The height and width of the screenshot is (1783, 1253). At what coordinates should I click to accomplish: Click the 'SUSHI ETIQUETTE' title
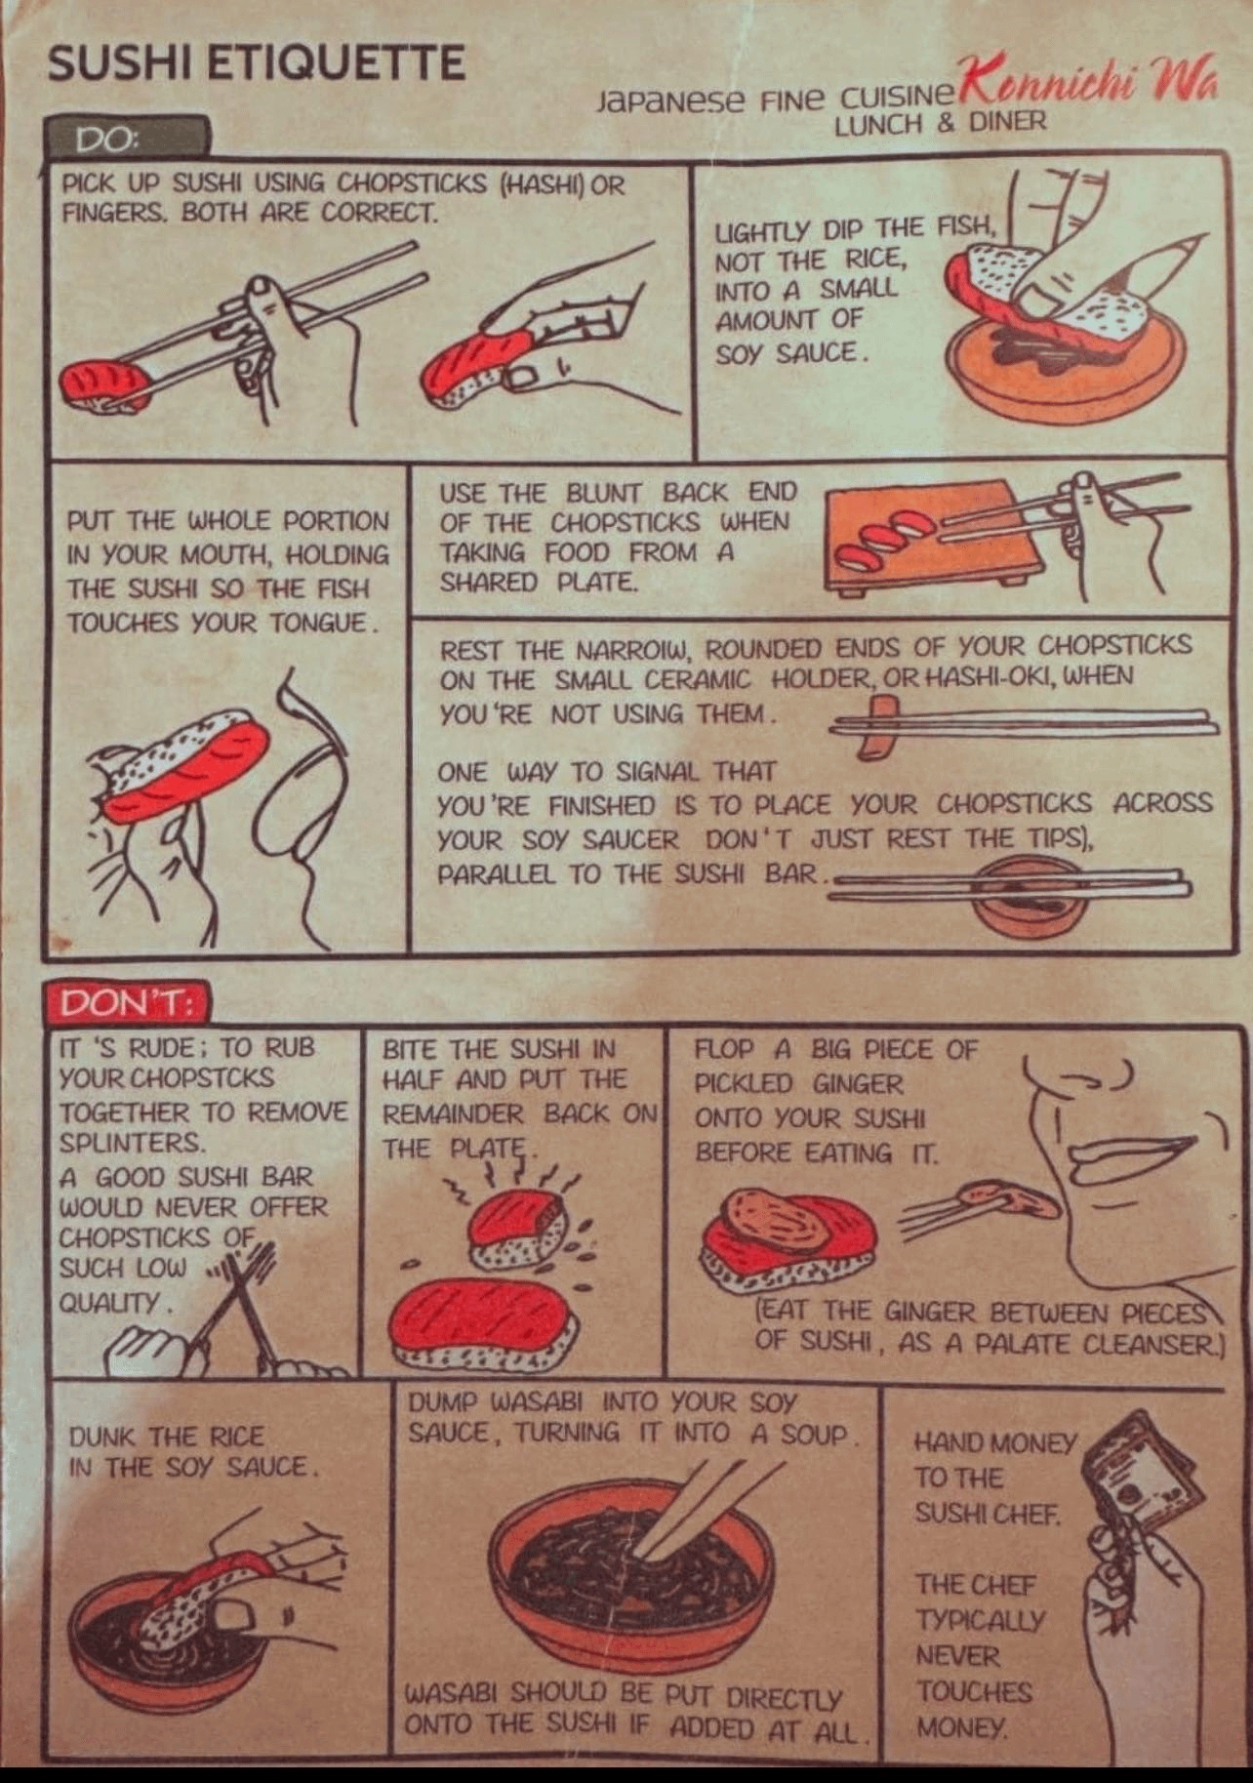coord(257,64)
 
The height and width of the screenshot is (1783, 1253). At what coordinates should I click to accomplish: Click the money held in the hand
coord(1139,1478)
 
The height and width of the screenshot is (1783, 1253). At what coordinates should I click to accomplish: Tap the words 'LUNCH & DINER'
coord(940,124)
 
